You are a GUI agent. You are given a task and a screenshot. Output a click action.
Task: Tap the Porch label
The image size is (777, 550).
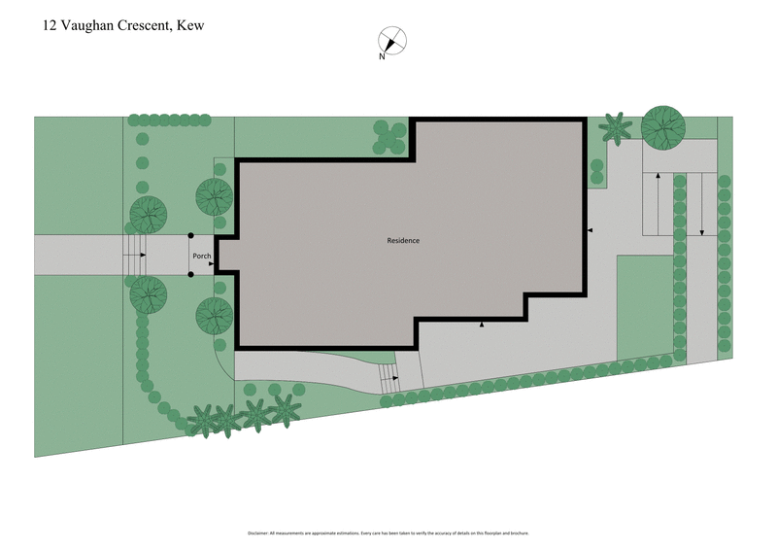coord(202,257)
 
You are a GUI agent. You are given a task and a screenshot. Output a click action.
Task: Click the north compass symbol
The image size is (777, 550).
coord(392,41)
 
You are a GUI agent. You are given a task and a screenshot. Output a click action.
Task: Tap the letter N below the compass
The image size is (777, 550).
coord(383,57)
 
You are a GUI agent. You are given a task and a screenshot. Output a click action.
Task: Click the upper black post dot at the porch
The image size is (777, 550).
coord(191,235)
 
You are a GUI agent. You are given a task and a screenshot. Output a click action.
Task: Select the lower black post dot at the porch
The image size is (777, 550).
coord(191,274)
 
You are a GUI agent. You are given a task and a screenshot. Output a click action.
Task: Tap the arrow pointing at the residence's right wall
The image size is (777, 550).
coord(589,230)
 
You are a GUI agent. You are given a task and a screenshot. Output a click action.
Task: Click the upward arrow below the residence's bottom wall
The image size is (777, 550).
coord(482,324)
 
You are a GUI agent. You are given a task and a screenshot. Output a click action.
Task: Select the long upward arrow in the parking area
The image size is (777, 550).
coord(658,204)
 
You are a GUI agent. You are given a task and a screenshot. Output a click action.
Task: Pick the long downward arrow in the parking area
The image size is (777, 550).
coord(701,204)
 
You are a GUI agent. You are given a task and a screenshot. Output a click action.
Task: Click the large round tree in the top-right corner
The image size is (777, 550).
coord(663,126)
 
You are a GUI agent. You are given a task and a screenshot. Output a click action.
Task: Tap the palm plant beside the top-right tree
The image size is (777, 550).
coord(615,127)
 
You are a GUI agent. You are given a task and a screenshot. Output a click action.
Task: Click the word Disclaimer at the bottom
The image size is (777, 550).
coord(257,533)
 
